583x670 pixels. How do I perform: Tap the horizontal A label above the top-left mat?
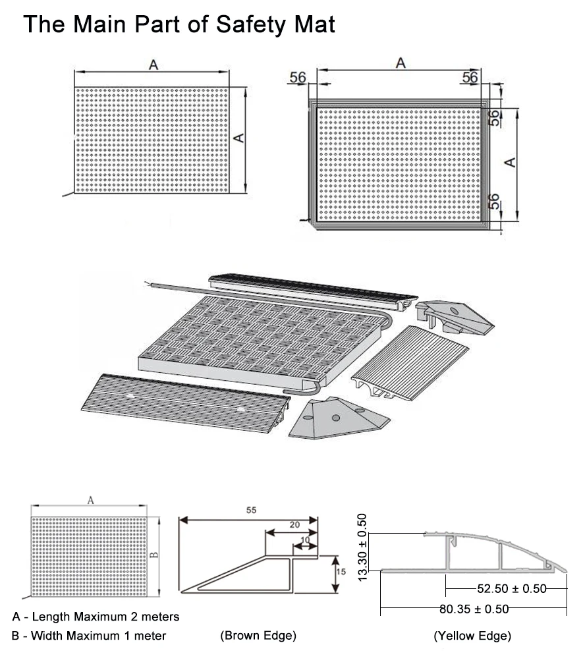click(153, 64)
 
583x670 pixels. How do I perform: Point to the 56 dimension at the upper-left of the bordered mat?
click(298, 77)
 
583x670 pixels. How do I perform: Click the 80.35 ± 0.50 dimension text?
click(474, 609)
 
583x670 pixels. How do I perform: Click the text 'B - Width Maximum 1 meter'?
click(88, 636)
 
